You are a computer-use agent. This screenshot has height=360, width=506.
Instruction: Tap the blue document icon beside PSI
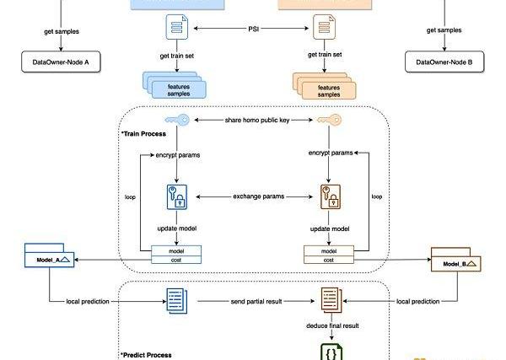point(177,30)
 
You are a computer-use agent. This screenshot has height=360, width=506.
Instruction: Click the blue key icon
point(177,121)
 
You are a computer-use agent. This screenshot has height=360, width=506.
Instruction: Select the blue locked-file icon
point(177,196)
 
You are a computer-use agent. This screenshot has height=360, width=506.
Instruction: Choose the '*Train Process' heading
point(143,134)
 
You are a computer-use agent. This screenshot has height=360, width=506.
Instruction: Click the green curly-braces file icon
point(328,351)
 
